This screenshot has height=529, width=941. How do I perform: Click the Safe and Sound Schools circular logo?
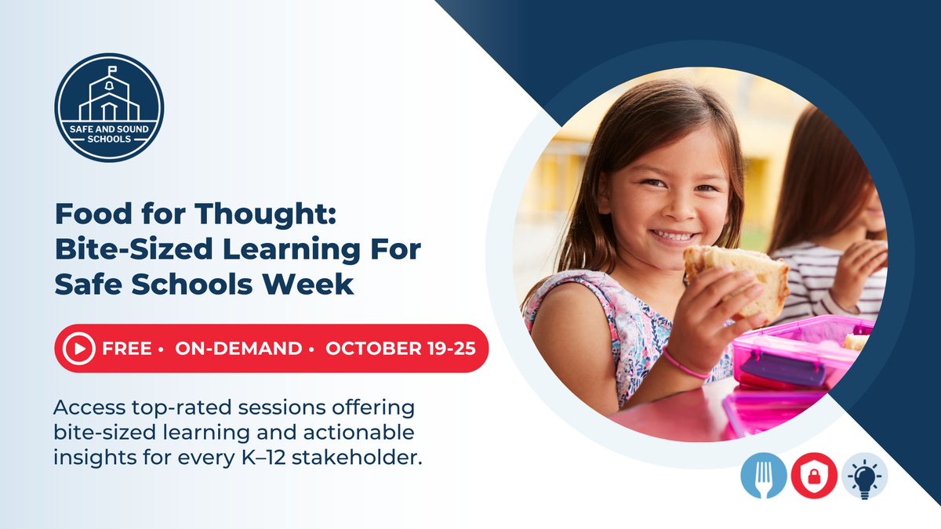pos(109,108)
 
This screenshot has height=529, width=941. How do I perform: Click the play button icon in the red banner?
pos(78,349)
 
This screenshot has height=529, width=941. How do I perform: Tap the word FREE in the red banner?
pos(126,349)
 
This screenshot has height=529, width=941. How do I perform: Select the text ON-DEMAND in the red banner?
pos(238,349)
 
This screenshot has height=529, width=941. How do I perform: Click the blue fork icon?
pos(763,476)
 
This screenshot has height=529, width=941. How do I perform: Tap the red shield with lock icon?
pos(813,476)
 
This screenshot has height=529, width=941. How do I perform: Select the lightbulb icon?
pos(864,476)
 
